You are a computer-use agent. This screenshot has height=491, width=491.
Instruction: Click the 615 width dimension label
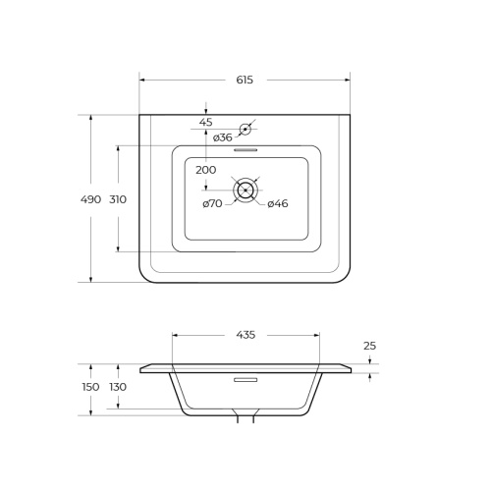pos(245,80)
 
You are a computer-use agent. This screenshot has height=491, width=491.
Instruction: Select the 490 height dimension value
pos(90,199)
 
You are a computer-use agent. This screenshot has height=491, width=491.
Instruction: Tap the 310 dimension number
pos(118,199)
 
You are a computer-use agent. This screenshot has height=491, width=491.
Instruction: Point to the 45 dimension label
pos(206,122)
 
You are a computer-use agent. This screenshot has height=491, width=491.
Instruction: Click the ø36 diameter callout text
pos(223,137)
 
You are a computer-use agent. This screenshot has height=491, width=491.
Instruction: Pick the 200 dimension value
pos(206,170)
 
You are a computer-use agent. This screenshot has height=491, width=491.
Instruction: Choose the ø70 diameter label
pos(212,203)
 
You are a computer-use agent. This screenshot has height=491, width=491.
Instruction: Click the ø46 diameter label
pos(278,203)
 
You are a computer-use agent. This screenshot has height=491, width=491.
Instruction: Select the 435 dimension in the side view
pos(245,335)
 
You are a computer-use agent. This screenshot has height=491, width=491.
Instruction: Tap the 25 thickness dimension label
pos(370,346)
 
